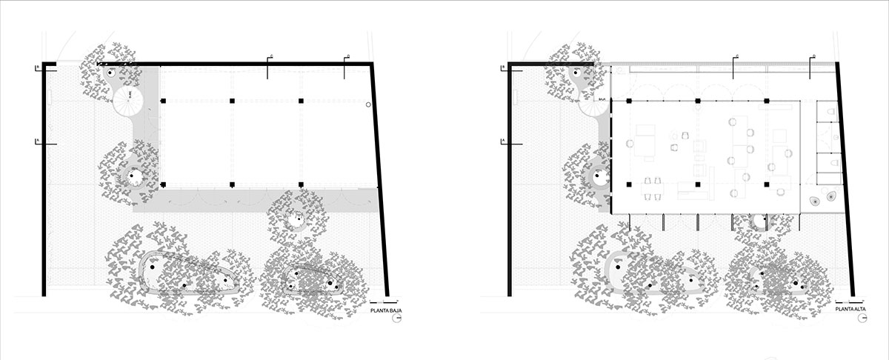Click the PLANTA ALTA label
click(850, 312)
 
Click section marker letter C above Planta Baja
click(273, 56)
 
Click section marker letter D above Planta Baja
click(348, 56)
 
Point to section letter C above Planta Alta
click(738, 56)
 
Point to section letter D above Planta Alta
click(813, 56)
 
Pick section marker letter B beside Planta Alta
click(503, 67)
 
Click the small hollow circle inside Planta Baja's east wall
click(368, 106)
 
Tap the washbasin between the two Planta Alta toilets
click(835, 138)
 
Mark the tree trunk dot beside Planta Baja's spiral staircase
click(109, 73)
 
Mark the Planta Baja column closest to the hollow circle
click(302, 100)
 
